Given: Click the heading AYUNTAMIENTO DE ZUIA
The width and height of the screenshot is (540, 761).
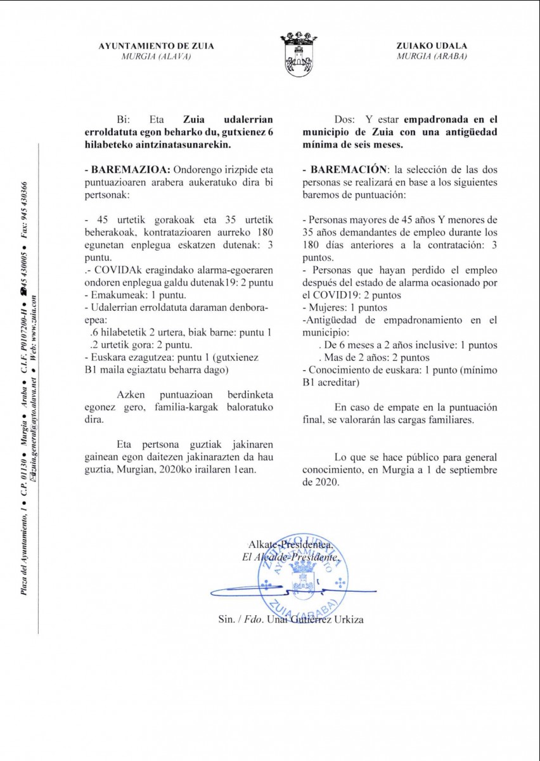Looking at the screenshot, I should click(157, 46).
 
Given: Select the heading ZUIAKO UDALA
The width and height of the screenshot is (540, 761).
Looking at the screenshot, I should click(432, 46).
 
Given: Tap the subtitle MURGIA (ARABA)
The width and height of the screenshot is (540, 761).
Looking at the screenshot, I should click(432, 56).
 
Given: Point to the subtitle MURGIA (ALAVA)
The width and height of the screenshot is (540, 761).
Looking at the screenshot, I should click(157, 56).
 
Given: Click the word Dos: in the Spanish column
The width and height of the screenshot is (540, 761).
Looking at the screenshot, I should click(345, 119).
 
